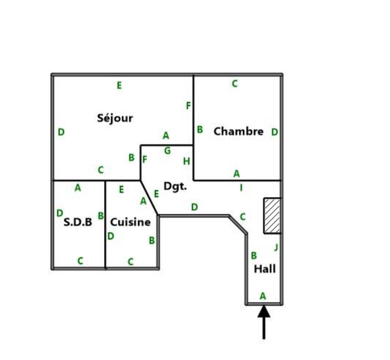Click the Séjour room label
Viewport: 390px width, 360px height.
(x=115, y=118)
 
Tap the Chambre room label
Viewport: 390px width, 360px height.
(x=239, y=131)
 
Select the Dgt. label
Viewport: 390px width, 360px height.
(x=175, y=186)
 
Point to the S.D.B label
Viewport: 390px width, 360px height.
(x=78, y=222)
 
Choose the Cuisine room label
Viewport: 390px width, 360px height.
(x=130, y=222)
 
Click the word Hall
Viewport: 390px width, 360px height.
(x=265, y=269)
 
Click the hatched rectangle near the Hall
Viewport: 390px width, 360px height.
(x=272, y=216)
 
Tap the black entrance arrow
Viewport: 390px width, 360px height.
(x=264, y=322)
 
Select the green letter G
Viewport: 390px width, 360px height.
(x=167, y=151)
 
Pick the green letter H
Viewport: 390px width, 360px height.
(x=186, y=161)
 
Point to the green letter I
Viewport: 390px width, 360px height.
(x=241, y=188)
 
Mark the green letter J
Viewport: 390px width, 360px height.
(x=276, y=247)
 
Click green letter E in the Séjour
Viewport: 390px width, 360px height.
(x=119, y=85)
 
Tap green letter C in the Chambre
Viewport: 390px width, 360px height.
(x=235, y=83)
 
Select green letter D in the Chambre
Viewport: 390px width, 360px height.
(x=275, y=132)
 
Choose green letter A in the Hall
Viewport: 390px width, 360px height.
(x=263, y=296)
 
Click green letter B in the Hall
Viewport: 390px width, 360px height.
(x=254, y=255)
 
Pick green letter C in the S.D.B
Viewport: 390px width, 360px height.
(x=80, y=261)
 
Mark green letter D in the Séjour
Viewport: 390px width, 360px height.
(x=61, y=132)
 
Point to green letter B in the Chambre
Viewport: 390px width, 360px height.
(x=200, y=129)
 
